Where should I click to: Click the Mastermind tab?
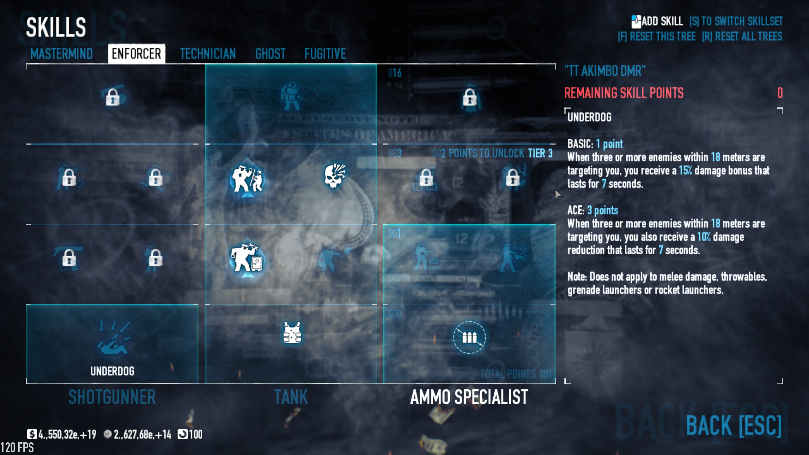point(61,54)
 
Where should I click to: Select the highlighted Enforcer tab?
point(137,54)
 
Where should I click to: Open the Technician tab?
point(208,54)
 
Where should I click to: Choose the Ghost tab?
point(270,54)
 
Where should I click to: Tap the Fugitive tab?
point(325,54)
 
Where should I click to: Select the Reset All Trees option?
point(742,37)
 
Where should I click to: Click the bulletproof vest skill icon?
point(292,333)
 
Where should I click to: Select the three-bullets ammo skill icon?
point(469,337)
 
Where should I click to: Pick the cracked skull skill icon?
point(335,175)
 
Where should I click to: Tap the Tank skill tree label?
point(291,397)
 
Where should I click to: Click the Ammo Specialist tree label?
point(469,397)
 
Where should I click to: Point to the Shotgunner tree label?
point(112,397)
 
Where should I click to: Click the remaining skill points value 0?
point(780,93)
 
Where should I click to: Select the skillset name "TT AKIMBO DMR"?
point(605,71)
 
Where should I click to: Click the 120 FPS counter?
point(17,448)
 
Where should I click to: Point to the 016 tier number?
point(395,73)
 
